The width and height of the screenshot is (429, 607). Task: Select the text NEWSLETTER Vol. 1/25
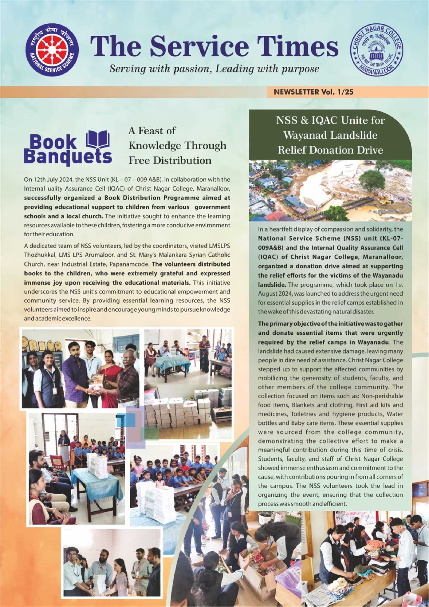[314, 92]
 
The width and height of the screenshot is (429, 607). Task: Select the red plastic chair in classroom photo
[60, 462]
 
